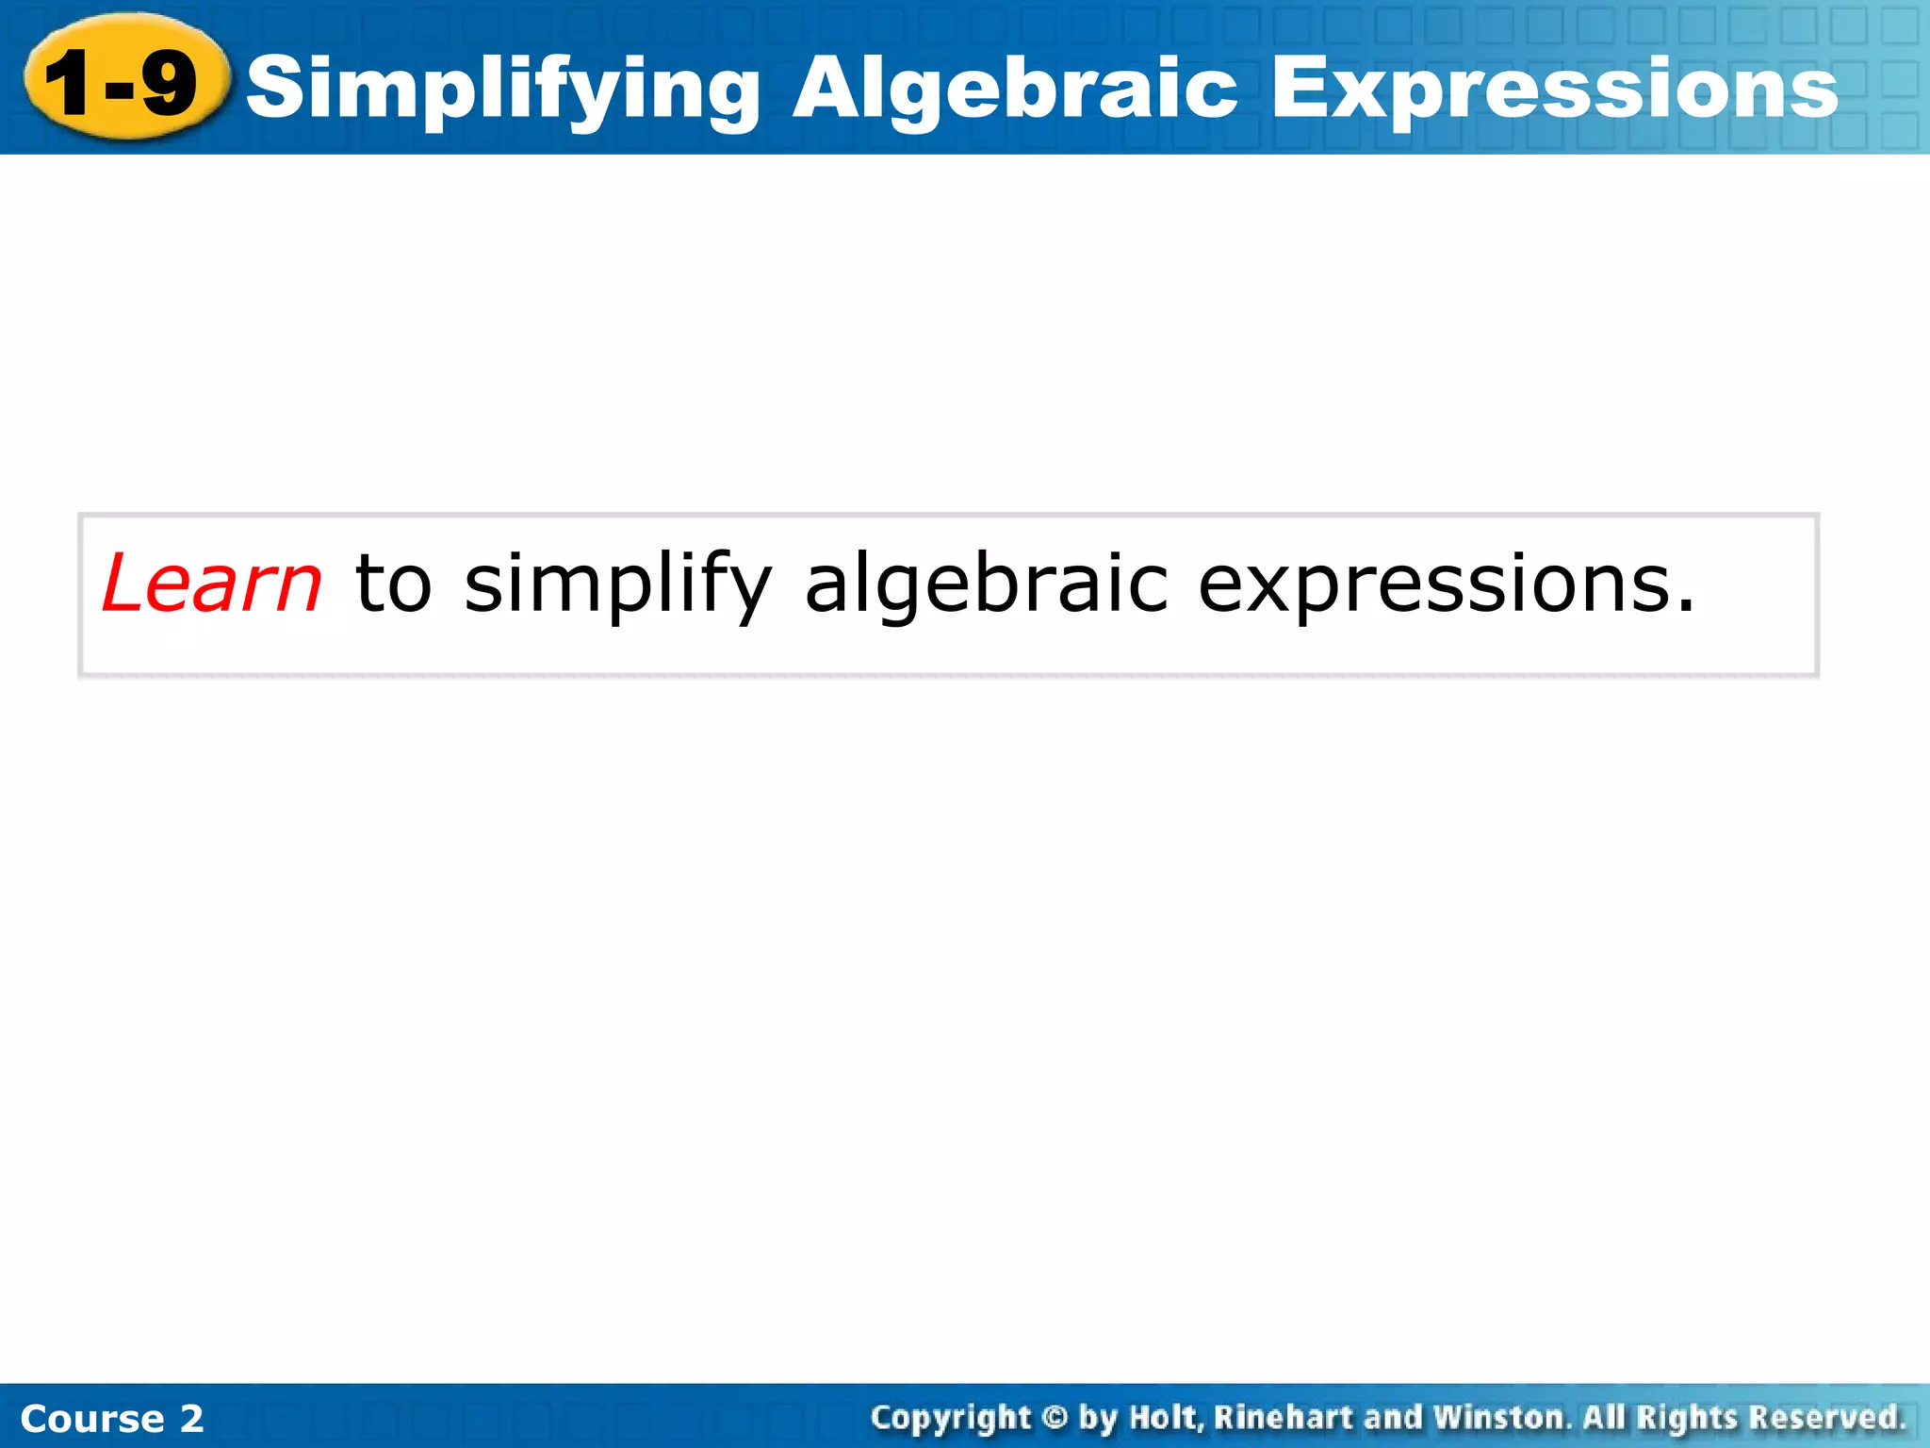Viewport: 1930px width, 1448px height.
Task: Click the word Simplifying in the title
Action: point(503,90)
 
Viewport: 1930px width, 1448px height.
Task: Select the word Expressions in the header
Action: point(1554,90)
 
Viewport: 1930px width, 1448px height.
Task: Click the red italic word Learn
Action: point(212,584)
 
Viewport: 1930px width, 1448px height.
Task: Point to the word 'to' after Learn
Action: point(393,584)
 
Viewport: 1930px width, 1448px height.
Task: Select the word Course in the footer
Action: point(92,1419)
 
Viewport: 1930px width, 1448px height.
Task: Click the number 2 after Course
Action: point(191,1419)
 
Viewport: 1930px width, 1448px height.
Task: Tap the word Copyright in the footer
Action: point(951,1419)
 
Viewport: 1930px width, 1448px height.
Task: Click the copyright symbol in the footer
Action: point(1055,1418)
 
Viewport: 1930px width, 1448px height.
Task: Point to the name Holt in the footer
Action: point(1166,1418)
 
